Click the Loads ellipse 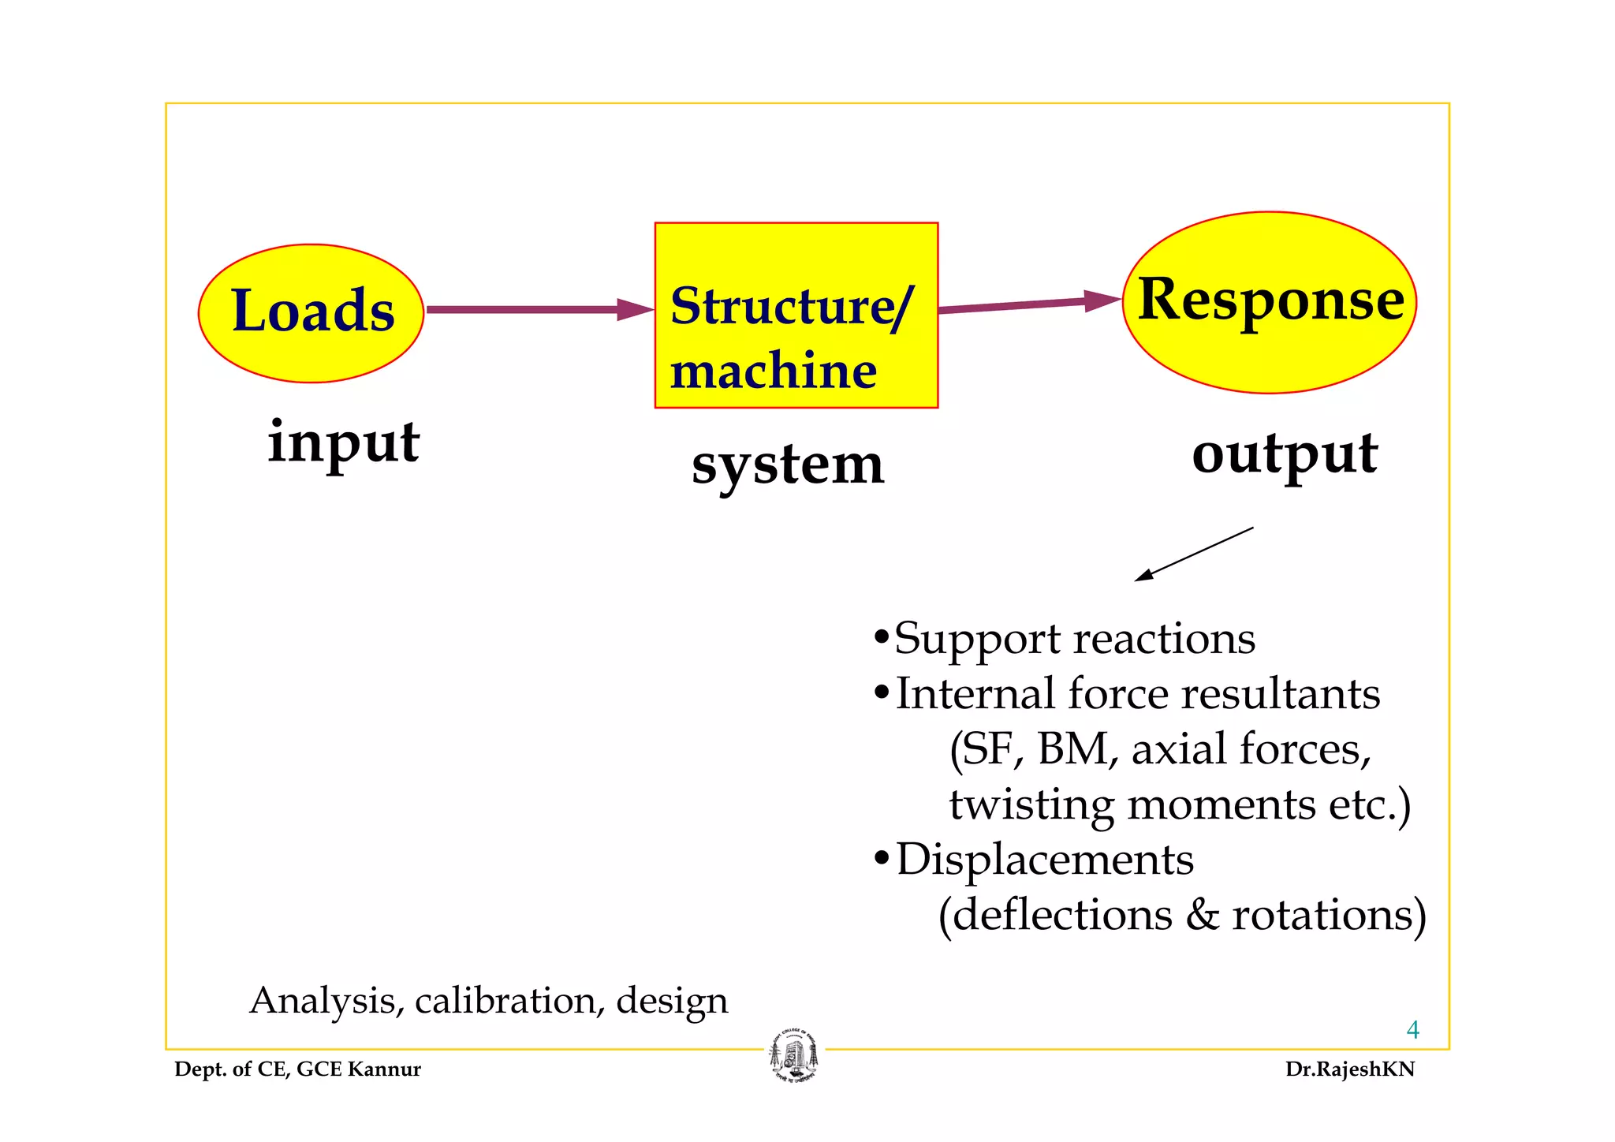311,313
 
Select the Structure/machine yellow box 796,315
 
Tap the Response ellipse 1269,302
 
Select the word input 343,442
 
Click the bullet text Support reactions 1074,638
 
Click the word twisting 1031,805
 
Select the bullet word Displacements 1044,860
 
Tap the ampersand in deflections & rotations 1202,916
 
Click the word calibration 505,1001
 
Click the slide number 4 1412,1030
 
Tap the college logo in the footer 794,1056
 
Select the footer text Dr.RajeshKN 1349,1069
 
